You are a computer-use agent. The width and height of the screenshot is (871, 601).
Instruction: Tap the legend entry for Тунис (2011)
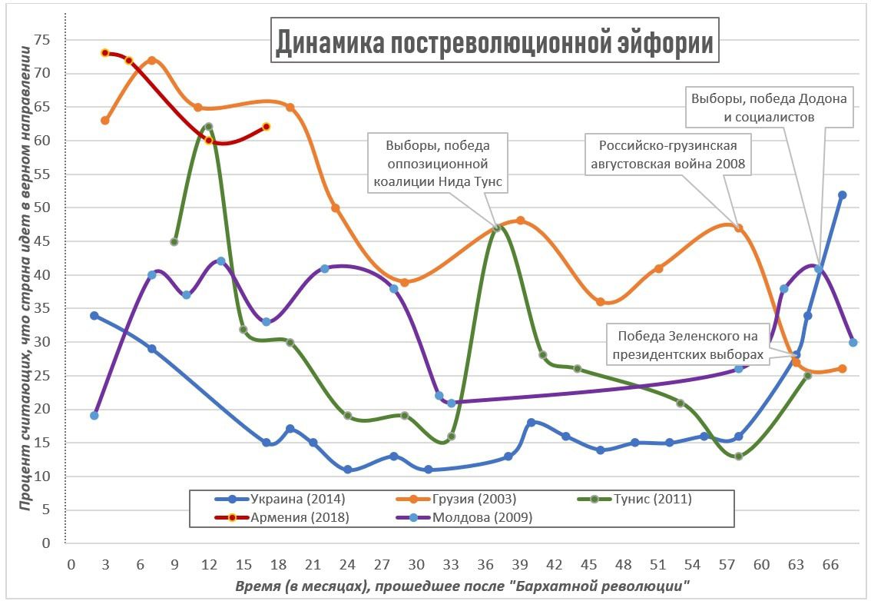point(652,499)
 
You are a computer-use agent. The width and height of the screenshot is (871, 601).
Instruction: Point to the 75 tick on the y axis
point(51,40)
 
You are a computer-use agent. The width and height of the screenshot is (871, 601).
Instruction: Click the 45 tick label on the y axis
point(51,241)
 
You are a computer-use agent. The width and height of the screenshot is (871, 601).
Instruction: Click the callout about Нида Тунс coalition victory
point(438,163)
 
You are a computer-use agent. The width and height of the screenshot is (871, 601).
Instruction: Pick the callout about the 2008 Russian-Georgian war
point(667,154)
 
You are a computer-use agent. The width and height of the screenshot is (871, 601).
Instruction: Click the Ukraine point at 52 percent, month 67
point(842,195)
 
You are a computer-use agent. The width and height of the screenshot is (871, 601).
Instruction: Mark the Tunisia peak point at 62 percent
point(208,127)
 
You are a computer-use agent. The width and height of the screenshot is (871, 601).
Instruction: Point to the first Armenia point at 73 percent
point(105,53)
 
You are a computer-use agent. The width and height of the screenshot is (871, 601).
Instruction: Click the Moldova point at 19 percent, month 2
point(94,416)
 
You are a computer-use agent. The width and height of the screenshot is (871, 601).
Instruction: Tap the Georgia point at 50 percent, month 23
point(336,208)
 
